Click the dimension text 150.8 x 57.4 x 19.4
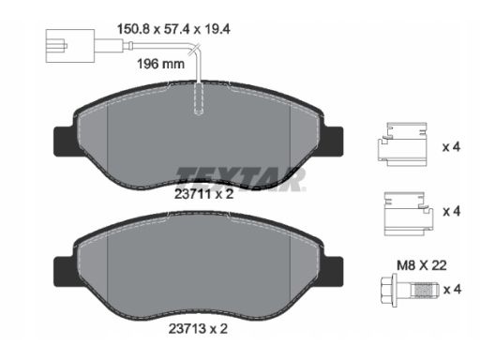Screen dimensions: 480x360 tap(173, 29)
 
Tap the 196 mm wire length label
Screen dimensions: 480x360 tap(161, 64)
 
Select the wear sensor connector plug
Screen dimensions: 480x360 tap(70, 46)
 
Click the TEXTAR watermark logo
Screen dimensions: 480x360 tap(241, 179)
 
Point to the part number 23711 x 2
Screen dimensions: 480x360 tap(203, 194)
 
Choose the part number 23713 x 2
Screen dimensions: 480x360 tap(198, 329)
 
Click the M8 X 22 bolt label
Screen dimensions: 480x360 tap(422, 265)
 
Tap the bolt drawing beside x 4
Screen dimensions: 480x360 tap(410, 290)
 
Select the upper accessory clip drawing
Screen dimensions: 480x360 tap(402, 144)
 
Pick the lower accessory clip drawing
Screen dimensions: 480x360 tap(409, 214)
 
